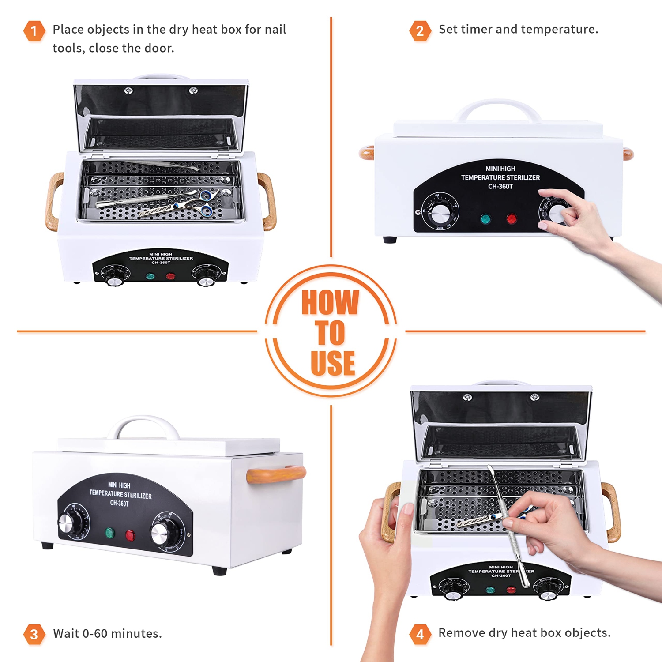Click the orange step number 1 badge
click(34, 31)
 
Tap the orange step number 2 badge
click(420, 31)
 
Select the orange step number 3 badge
click(34, 634)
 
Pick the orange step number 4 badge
click(420, 634)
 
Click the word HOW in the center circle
click(330, 303)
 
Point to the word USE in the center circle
click(333, 363)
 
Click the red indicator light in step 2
click(512, 218)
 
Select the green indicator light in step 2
click(485, 219)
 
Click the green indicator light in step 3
click(109, 533)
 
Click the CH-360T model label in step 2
click(500, 187)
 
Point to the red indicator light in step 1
click(170, 276)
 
